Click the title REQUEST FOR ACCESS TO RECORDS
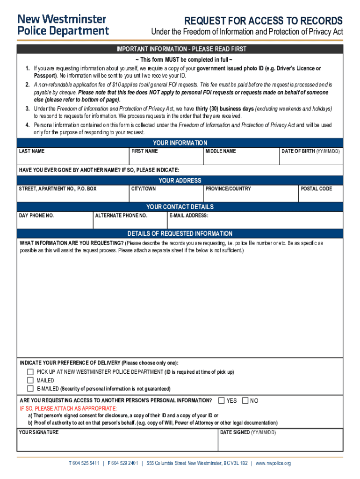263,21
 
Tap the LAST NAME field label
32,152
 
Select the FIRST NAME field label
144,152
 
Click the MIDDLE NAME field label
221,152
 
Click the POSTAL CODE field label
316,189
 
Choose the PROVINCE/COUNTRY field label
228,189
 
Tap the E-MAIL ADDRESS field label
189,216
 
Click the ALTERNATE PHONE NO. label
121,216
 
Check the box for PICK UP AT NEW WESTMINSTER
30,372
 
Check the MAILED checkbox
30,380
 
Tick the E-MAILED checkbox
30,389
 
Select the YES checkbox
222,400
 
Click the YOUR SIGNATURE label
39,432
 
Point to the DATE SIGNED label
248,432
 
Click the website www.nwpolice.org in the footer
273,463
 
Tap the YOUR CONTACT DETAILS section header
180,207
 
